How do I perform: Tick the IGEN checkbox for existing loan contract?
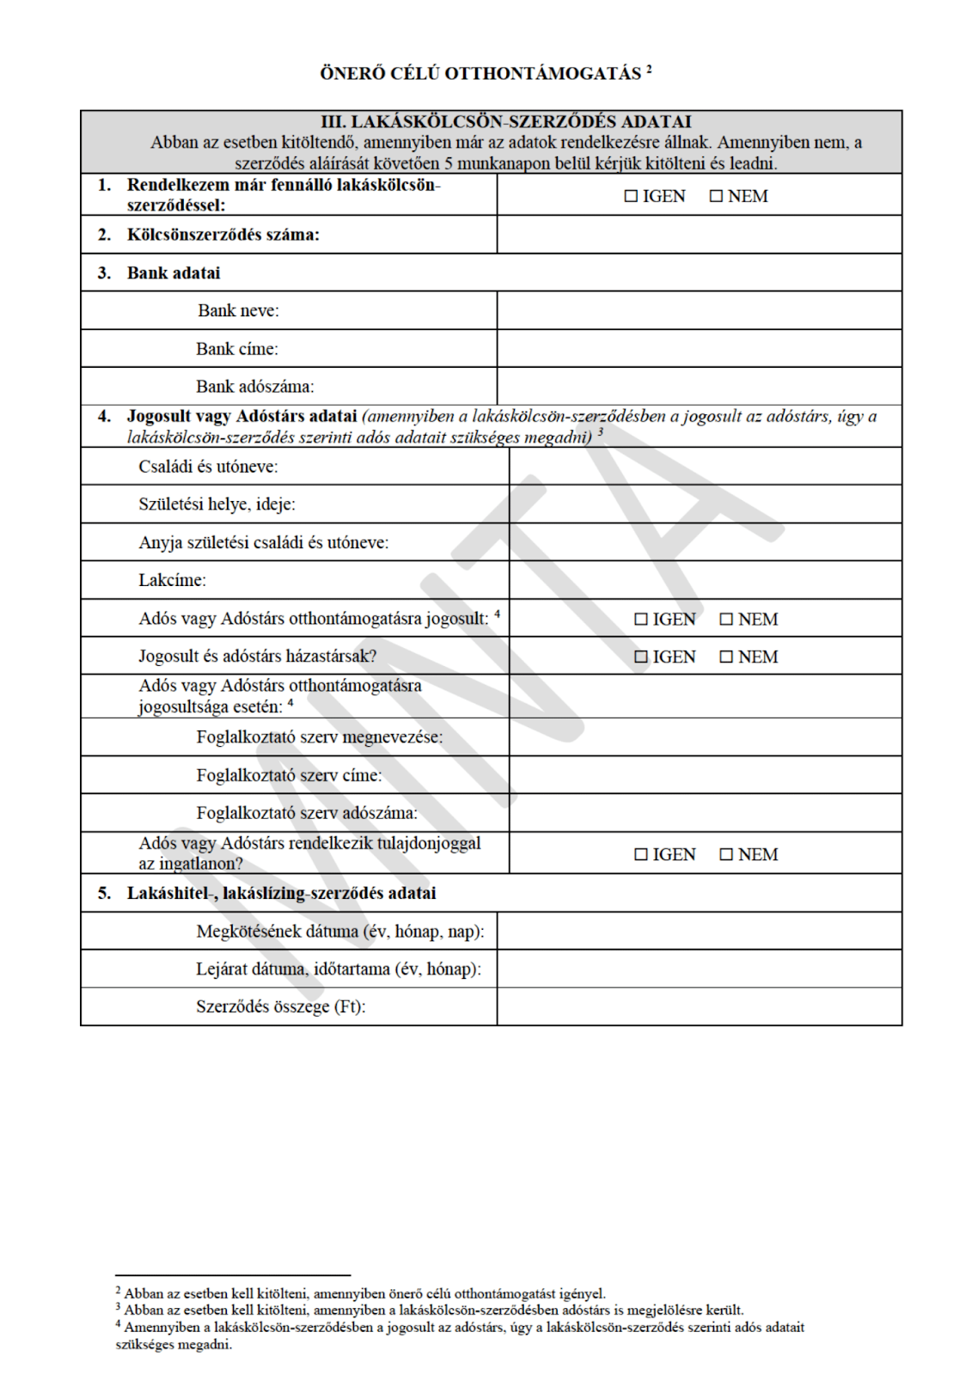tap(631, 196)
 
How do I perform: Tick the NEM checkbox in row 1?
tap(716, 196)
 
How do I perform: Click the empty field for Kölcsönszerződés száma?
tap(699, 235)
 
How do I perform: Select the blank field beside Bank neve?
tap(699, 310)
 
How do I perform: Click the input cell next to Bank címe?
tap(699, 348)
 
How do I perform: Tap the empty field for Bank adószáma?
tap(699, 386)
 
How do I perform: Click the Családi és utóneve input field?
tap(705, 467)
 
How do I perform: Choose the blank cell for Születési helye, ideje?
tap(705, 504)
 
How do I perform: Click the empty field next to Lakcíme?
tap(705, 580)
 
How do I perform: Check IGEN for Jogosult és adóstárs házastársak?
tap(641, 657)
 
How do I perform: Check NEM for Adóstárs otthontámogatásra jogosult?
tap(726, 619)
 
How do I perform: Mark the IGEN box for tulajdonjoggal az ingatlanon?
tap(641, 854)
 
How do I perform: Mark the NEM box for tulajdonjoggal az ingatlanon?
tap(726, 854)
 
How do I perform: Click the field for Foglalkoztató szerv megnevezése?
tap(705, 737)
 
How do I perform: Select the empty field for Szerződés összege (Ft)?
tap(699, 1006)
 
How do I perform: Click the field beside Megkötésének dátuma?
tap(699, 931)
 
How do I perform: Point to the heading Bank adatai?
tap(174, 272)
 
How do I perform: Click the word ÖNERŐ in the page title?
tap(352, 74)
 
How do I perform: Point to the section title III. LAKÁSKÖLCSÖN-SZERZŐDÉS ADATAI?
tap(505, 122)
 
